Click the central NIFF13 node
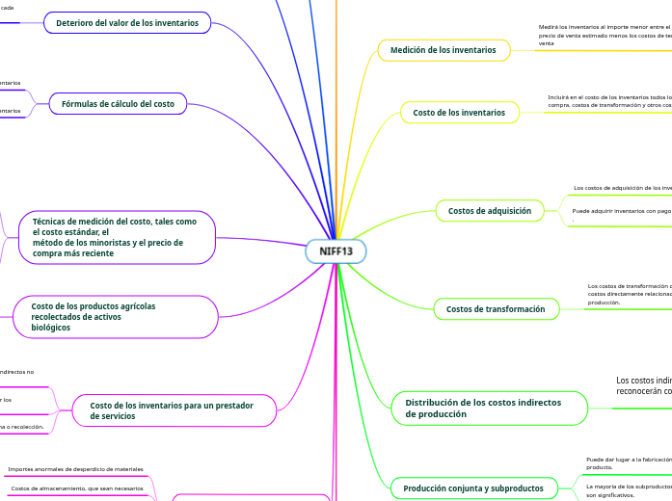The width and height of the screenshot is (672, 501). (x=336, y=251)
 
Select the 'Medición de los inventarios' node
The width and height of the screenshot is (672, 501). (x=443, y=49)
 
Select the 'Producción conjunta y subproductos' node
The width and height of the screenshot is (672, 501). (x=472, y=488)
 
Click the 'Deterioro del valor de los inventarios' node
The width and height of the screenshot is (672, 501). (x=127, y=22)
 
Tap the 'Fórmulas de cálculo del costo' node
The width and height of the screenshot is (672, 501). (x=118, y=104)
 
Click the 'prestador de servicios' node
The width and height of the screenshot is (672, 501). (x=172, y=410)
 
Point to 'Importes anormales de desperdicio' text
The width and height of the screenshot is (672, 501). (x=75, y=469)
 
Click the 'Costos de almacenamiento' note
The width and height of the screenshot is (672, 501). (x=77, y=488)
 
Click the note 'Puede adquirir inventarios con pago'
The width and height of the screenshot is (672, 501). (x=622, y=210)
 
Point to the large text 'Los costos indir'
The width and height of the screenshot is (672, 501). (x=644, y=381)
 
